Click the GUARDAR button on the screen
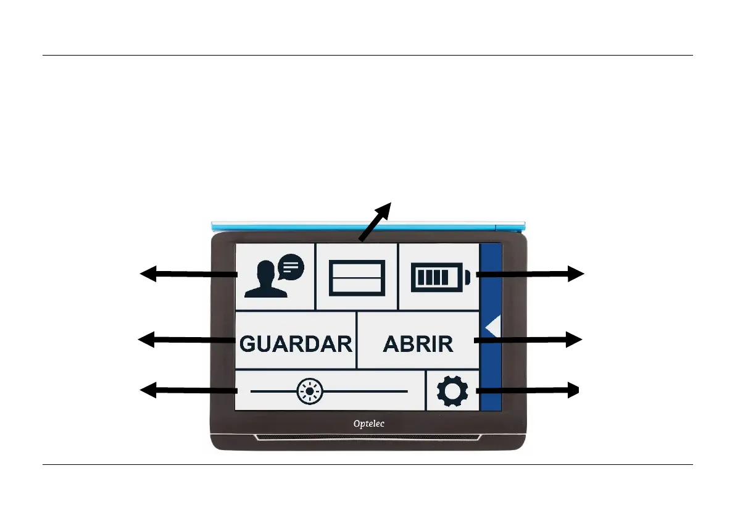[296, 343]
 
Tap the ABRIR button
[418, 344]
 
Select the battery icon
[439, 277]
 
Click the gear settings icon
[452, 391]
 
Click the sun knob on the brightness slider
[310, 391]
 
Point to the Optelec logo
[368, 424]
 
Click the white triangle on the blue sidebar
[492, 327]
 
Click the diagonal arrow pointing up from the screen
[376, 221]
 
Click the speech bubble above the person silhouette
[291, 267]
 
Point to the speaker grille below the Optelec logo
[368, 438]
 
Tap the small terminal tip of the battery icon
[467, 277]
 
